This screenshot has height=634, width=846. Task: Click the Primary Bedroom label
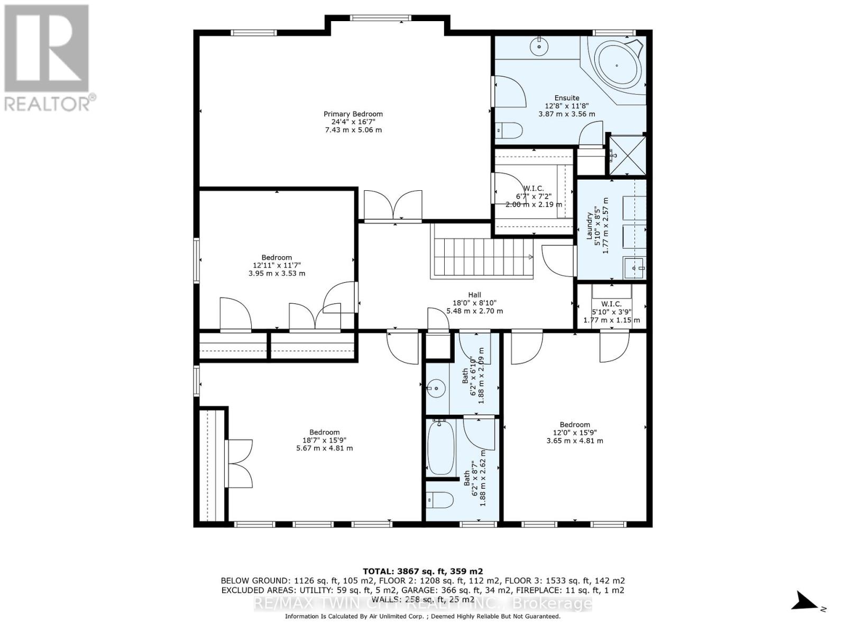353,114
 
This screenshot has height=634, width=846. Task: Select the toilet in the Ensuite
510,129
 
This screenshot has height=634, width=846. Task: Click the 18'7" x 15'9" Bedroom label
324,440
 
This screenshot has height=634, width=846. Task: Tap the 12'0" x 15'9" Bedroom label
575,433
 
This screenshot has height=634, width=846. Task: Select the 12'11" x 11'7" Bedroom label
277,265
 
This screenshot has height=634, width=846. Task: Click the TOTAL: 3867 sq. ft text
422,571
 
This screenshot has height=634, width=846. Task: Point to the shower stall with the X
627,155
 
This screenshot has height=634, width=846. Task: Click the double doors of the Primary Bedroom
393,205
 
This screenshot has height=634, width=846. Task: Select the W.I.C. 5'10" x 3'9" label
611,312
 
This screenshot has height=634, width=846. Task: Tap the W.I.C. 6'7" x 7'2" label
534,196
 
